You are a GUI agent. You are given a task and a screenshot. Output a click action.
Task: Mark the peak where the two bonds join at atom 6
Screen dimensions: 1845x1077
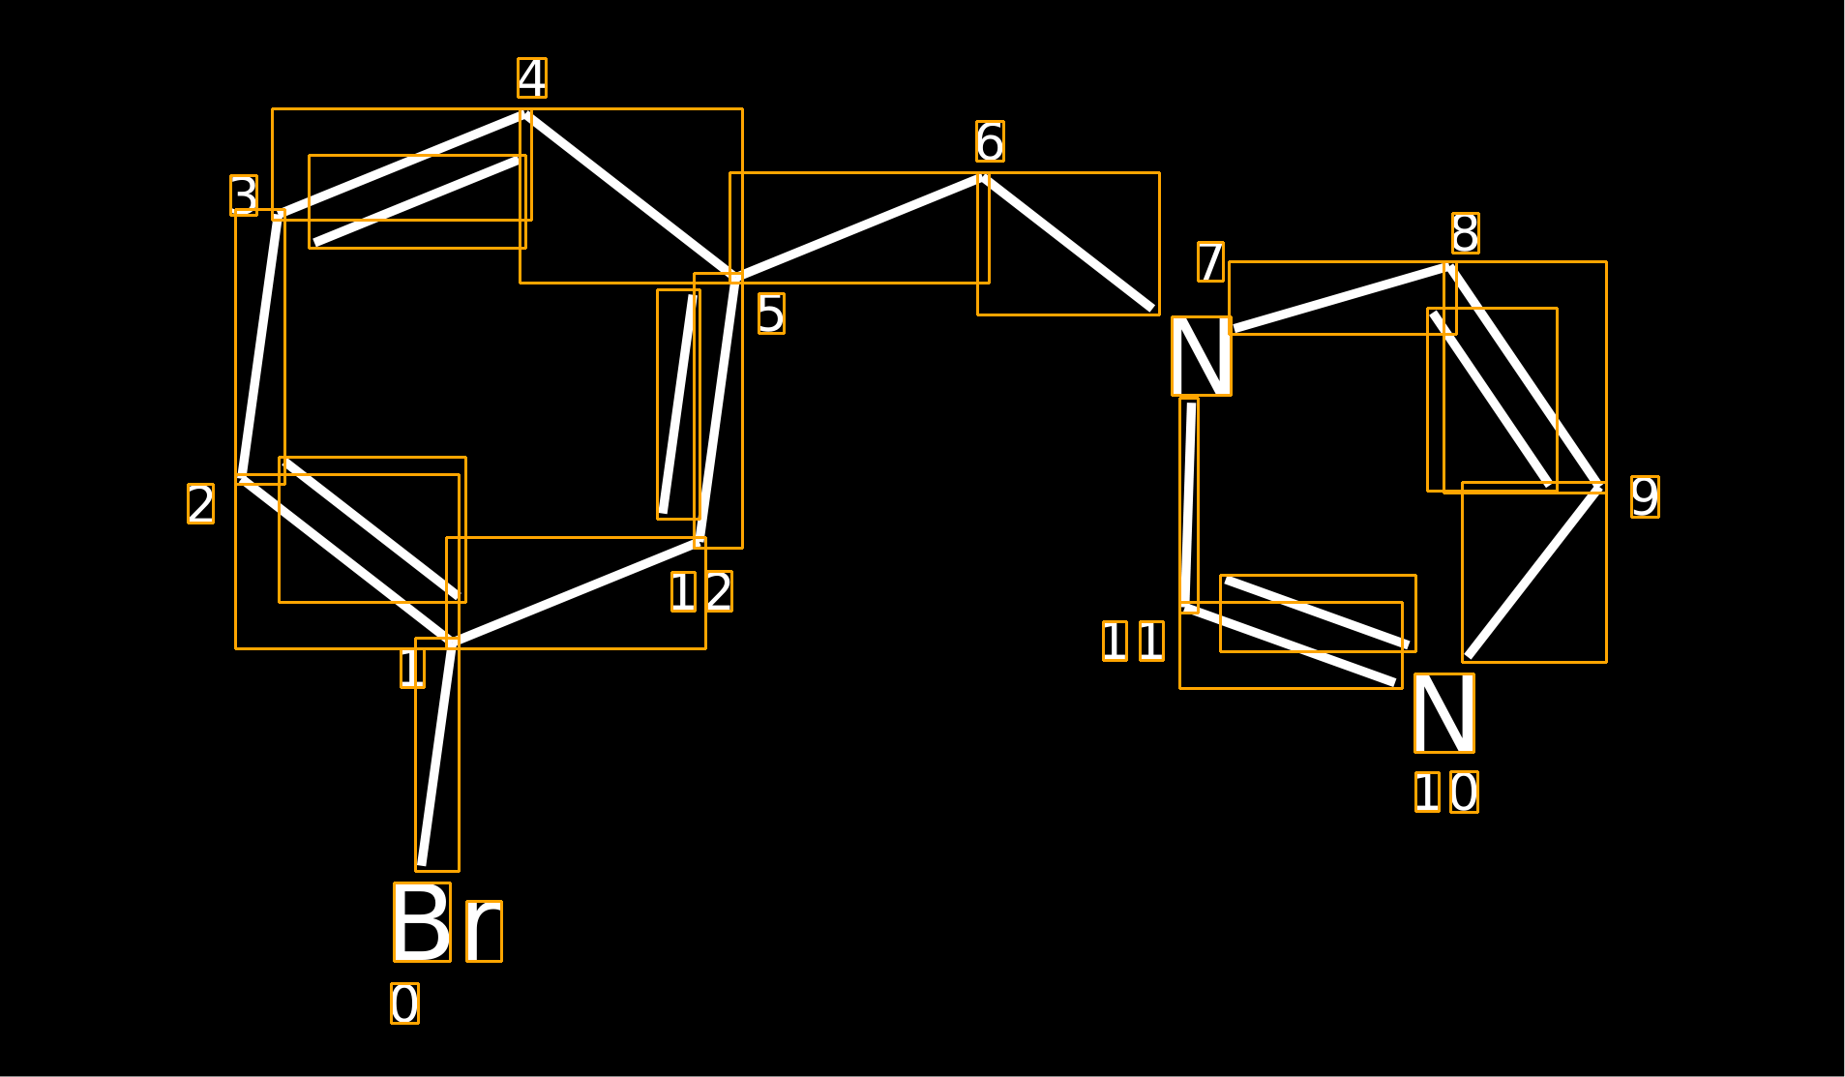point(983,178)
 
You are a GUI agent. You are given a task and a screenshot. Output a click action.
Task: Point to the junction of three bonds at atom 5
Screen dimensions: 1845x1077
point(736,279)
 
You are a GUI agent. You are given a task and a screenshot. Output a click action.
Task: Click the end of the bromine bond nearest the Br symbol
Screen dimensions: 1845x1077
point(422,864)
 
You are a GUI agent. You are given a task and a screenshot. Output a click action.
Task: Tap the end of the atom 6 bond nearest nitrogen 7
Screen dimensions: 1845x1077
point(1153,309)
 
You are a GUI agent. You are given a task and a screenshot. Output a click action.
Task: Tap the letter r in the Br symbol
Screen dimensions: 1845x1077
point(484,931)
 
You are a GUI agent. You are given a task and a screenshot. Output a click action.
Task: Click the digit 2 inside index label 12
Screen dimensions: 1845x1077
point(719,591)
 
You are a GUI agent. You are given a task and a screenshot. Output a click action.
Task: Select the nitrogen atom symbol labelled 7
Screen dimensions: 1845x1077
point(1202,356)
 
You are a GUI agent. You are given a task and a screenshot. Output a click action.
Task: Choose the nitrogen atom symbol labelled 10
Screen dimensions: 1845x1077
point(1444,713)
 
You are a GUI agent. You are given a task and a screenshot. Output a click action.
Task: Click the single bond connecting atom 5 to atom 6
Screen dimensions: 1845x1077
point(859,228)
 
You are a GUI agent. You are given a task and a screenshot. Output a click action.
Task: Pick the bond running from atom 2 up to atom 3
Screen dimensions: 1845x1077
point(260,345)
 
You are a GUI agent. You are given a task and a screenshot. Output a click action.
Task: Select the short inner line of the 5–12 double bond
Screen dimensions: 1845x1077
point(678,404)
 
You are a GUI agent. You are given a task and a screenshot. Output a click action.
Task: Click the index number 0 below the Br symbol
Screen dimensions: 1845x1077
point(405,1003)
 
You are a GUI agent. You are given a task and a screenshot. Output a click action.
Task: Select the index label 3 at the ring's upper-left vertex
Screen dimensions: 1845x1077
point(244,195)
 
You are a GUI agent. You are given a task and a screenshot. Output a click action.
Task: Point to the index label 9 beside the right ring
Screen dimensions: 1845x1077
point(1645,496)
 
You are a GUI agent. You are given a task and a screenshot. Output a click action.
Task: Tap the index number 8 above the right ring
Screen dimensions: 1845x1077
point(1466,233)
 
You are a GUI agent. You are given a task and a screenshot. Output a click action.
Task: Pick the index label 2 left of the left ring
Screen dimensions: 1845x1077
point(201,504)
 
